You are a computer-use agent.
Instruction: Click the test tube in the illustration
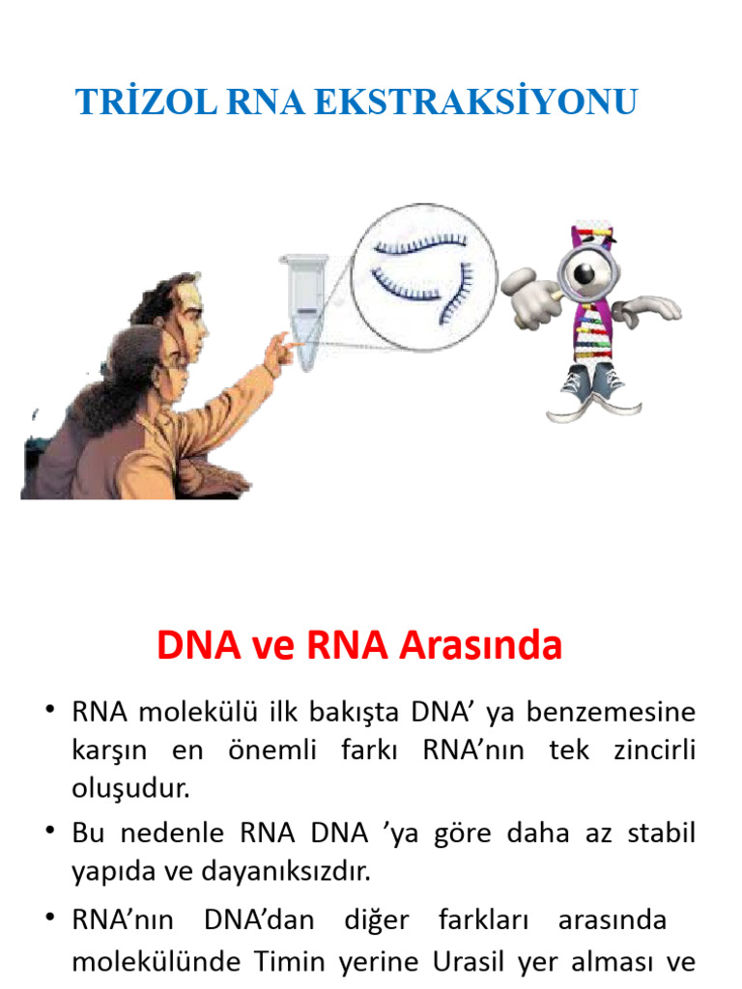(304, 309)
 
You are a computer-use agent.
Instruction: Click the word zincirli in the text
(656, 749)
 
